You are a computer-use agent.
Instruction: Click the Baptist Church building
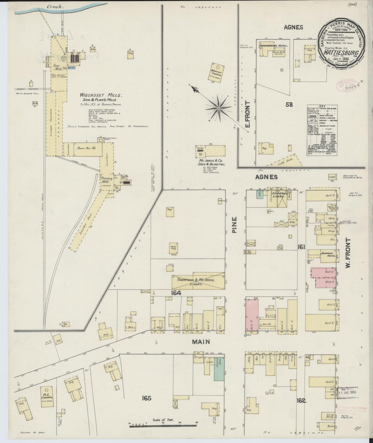click(x=216, y=72)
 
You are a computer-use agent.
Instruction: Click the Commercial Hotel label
click(x=273, y=46)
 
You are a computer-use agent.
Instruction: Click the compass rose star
click(x=219, y=108)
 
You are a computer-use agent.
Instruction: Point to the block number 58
click(x=289, y=104)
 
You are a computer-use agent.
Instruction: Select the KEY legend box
click(x=322, y=131)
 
